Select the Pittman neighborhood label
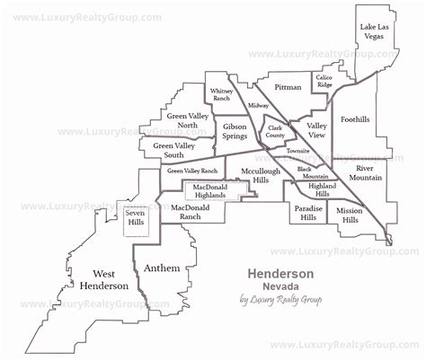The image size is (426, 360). click(288, 88)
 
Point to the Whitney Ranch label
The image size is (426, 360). click(221, 96)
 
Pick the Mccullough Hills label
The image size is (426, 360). click(249, 175)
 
